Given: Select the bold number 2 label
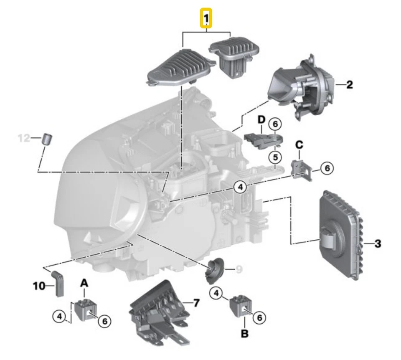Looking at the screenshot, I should pos(349,85).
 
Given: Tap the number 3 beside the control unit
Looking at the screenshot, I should pos(377,243).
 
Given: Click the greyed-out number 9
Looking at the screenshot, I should pos(239,270).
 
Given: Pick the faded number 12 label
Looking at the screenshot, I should pos(24,137).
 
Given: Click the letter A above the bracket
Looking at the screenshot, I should pos(84,283).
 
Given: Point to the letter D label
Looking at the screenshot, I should pos(261,120).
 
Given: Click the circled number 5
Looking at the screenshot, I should pos(275,158).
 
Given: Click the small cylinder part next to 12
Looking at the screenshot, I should pos(48,138).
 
